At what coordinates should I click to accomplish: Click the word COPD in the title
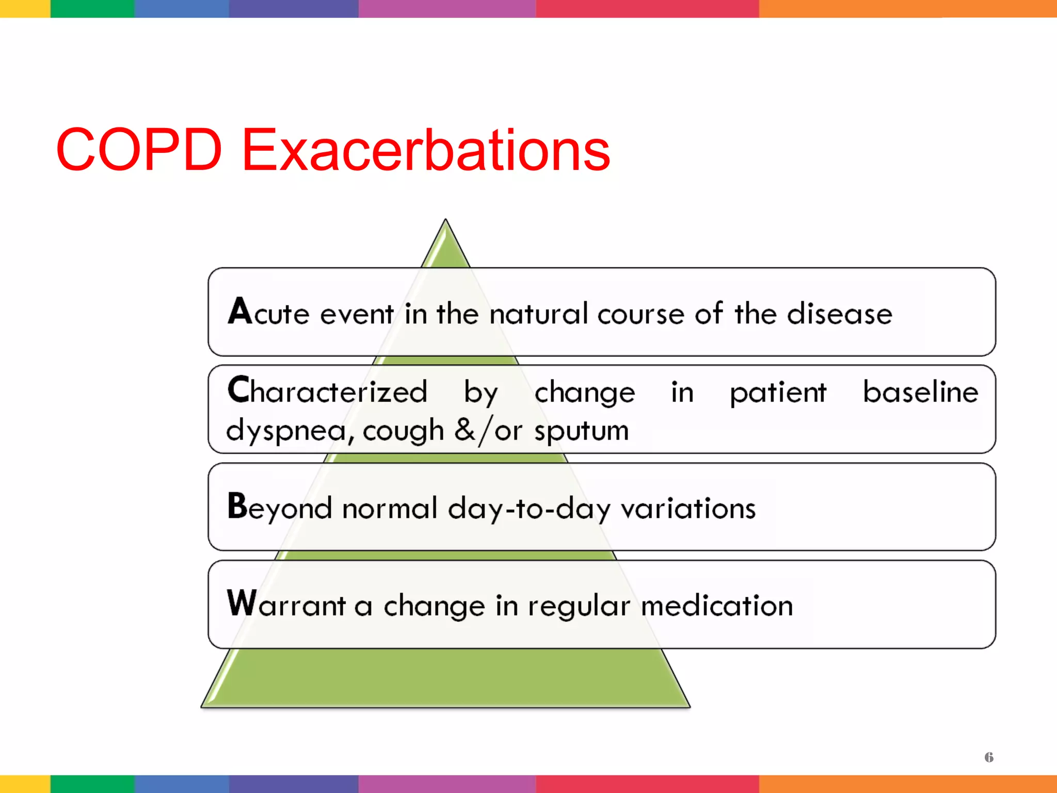pyautogui.click(x=139, y=150)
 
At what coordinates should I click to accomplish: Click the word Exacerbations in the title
pyautogui.click(x=426, y=150)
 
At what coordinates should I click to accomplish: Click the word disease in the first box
pyautogui.click(x=839, y=313)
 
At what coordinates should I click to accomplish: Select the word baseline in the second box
pyautogui.click(x=920, y=392)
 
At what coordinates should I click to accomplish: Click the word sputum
pyautogui.click(x=581, y=431)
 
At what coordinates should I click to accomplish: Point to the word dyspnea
pyautogui.click(x=289, y=431)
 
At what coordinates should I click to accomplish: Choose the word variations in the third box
pyautogui.click(x=688, y=509)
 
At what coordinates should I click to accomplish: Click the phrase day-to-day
pyautogui.click(x=529, y=509)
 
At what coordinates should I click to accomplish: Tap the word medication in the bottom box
pyautogui.click(x=716, y=606)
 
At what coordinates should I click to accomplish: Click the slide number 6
pyautogui.click(x=989, y=757)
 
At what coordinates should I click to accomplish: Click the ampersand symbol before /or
pyautogui.click(x=465, y=430)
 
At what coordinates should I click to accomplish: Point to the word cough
pyautogui.click(x=403, y=431)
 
